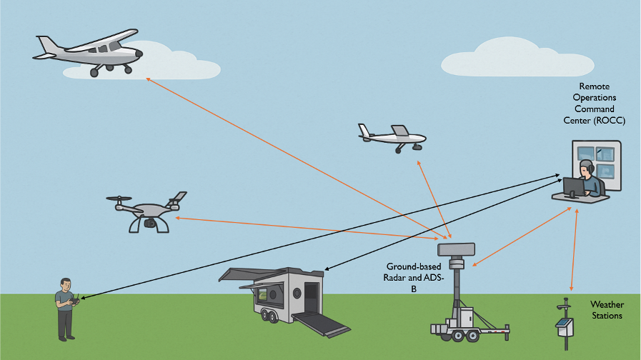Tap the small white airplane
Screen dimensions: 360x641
[392, 136]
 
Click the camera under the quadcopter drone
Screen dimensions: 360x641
[149, 223]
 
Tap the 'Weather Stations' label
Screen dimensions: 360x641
[606, 310]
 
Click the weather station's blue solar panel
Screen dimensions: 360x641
[565, 326]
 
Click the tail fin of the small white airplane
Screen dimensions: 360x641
[401, 131]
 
